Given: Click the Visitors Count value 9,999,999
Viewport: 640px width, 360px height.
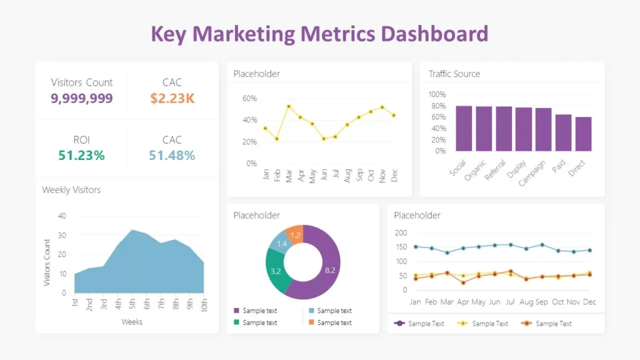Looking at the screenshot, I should point(82,98).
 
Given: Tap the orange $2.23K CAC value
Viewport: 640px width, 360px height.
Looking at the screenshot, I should point(172,98).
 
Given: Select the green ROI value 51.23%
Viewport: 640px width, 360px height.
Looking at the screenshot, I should point(81,156).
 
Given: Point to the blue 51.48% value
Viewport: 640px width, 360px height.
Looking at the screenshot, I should point(172,156).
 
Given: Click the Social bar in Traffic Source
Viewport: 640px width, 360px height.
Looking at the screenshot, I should point(464,128).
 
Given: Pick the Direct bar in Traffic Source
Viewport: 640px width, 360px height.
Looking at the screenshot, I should point(583,134).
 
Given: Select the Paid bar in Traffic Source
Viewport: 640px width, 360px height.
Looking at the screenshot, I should point(563,132).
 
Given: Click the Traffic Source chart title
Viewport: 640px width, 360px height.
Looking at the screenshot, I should point(454,74).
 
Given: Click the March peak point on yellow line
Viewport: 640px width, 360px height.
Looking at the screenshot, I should point(288,106).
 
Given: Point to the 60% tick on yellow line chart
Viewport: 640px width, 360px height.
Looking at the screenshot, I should point(249,99).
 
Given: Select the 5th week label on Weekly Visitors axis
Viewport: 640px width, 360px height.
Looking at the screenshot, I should point(132,304).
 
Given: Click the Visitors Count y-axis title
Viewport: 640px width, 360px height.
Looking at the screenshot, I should point(47,262).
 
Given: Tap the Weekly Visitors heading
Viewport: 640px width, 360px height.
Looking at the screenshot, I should point(71,189).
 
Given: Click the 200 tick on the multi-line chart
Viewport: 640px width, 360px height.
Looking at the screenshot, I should point(401,233).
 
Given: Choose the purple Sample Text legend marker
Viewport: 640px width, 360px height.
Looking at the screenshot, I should point(399,324).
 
